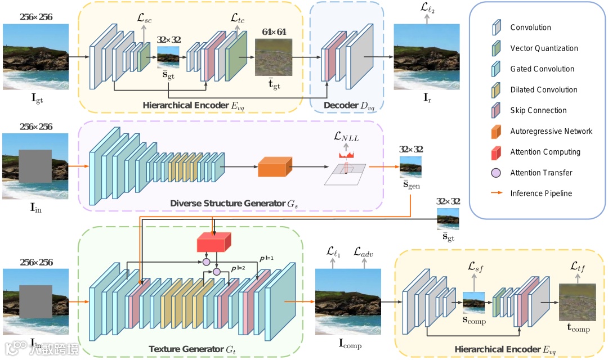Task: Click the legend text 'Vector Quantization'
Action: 544,48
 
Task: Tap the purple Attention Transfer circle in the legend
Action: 497,173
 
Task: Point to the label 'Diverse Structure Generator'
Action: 222,202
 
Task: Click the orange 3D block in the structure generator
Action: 274,167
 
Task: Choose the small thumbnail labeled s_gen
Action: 410,168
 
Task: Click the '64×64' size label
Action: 274,31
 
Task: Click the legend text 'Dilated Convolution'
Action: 544,90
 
